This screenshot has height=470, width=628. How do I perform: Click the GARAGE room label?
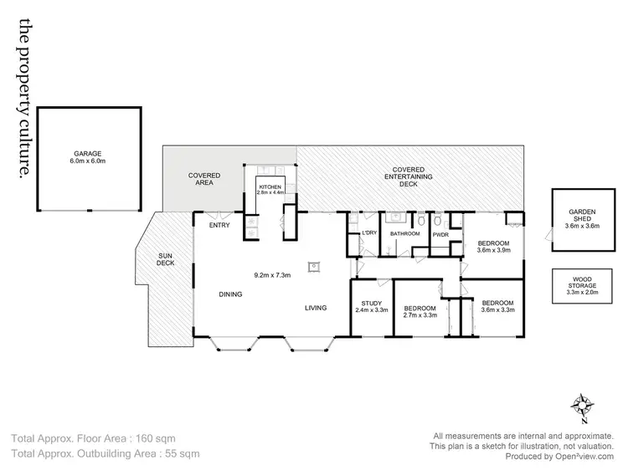pyautogui.click(x=87, y=154)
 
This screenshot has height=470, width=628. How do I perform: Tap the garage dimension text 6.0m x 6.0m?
pyautogui.click(x=87, y=161)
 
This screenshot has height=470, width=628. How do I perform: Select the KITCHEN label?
pyautogui.click(x=270, y=186)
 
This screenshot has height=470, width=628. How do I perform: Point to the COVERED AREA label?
pyautogui.click(x=204, y=179)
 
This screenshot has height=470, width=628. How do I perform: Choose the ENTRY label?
pyautogui.click(x=219, y=224)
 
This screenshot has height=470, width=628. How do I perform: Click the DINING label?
pyautogui.click(x=231, y=294)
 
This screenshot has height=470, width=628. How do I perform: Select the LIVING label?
pyautogui.click(x=316, y=309)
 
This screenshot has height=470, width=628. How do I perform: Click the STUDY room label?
pyautogui.click(x=371, y=303)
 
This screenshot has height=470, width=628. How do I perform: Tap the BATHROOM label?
pyautogui.click(x=404, y=234)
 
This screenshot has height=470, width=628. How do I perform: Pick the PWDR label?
pyautogui.click(x=440, y=235)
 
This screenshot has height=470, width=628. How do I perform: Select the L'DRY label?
pyautogui.click(x=368, y=233)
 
